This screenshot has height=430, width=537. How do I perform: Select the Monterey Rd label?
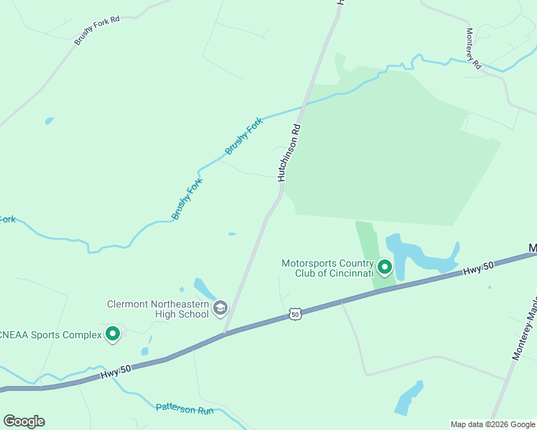click(472, 49)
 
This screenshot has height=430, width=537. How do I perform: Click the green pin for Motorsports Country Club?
click(385, 268)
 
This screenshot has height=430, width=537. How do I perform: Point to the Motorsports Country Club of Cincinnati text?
click(327, 268)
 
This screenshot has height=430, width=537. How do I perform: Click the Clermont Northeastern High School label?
click(157, 309)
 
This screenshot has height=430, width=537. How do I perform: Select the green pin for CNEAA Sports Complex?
click(113, 333)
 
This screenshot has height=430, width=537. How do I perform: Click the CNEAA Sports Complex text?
click(50, 334)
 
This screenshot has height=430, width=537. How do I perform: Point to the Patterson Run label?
click(185, 409)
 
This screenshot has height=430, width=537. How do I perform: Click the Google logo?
click(24, 421)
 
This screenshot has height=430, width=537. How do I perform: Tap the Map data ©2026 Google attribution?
click(492, 424)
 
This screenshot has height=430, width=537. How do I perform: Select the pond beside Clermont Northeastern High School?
click(204, 290)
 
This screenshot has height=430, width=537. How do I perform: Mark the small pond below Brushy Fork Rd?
click(49, 120)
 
